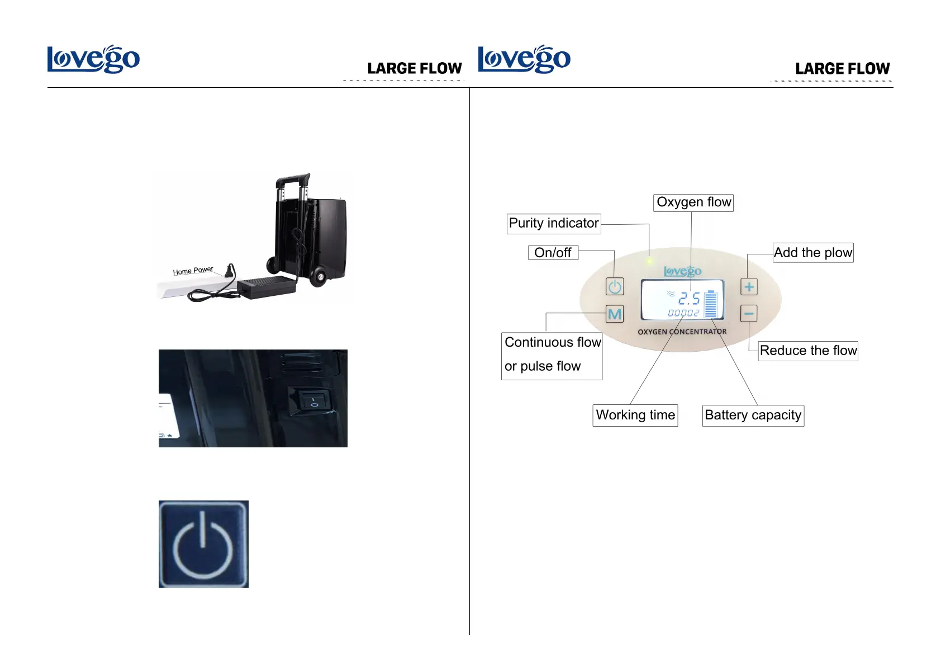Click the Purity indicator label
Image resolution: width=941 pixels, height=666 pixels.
click(553, 224)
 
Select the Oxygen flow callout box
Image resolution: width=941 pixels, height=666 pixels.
click(693, 202)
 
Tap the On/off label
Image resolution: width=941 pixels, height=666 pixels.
click(553, 253)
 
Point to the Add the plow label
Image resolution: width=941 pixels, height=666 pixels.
click(812, 253)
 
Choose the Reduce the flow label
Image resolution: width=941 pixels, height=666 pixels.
click(807, 351)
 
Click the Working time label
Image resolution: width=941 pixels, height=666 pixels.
click(635, 415)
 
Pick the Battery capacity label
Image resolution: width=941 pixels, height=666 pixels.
click(753, 415)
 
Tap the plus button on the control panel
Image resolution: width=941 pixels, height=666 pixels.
click(749, 287)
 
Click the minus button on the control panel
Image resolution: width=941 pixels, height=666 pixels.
click(749, 314)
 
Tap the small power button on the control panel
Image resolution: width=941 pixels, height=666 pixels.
click(615, 287)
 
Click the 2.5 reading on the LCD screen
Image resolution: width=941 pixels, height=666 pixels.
click(689, 299)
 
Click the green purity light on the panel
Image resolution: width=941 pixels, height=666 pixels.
click(649, 261)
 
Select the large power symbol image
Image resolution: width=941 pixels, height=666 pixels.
click(203, 544)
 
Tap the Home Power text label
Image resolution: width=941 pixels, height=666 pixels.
click(193, 271)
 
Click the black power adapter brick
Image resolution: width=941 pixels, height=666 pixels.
click(267, 287)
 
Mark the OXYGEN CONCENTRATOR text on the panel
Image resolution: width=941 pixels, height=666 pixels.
click(682, 332)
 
